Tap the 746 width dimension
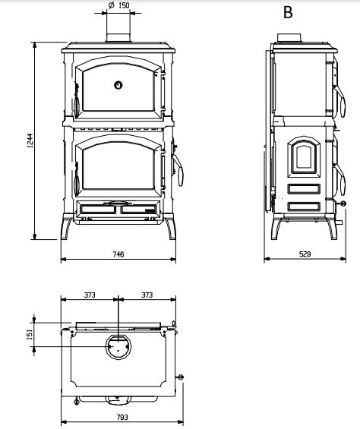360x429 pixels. point(118,254)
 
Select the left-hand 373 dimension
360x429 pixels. point(89,295)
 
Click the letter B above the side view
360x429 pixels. point(288,12)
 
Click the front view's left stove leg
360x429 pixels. point(69,228)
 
